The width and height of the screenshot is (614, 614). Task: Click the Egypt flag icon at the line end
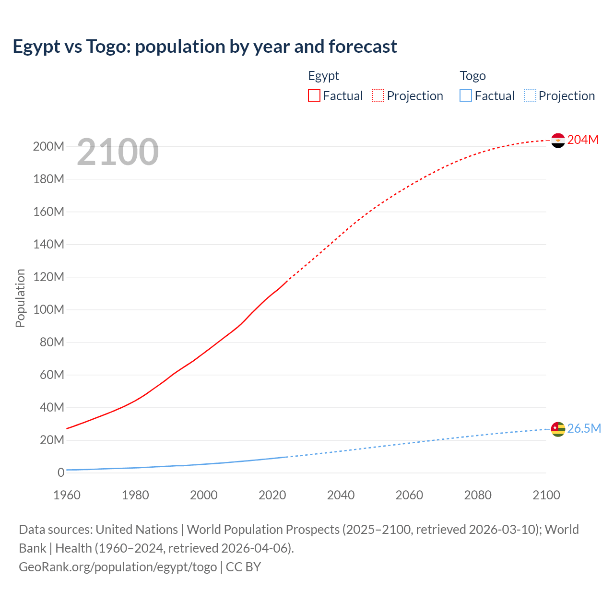pos(558,140)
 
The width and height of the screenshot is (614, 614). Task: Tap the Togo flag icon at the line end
pos(558,429)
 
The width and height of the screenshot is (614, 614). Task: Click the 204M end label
pos(583,140)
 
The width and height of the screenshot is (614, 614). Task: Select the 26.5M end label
pos(584,428)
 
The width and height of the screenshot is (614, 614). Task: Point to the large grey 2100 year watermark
pos(118,152)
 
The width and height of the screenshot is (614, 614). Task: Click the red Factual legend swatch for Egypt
pos(314,95)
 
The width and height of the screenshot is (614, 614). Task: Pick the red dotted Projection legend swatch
pos(378,95)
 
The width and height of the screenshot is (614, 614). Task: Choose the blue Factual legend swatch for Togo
pos(466,95)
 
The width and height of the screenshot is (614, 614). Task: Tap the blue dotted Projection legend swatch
pos(530,95)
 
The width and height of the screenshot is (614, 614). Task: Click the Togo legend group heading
pos(472,76)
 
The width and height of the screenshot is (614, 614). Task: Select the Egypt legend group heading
pos(323,76)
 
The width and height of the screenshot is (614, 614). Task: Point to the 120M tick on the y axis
pos(48,277)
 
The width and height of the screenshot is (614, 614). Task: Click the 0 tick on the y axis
pos(60,472)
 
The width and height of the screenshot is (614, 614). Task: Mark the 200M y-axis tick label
pos(48,146)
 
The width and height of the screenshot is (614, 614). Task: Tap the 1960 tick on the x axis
pos(67,495)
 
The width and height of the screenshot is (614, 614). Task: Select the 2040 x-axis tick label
pos(341,495)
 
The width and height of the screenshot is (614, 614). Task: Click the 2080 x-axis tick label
pos(478,495)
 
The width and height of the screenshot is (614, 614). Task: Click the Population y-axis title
pos(20,298)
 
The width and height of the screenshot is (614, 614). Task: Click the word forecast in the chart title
pos(363,47)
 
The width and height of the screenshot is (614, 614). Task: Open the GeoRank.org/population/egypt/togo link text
pos(118,567)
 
